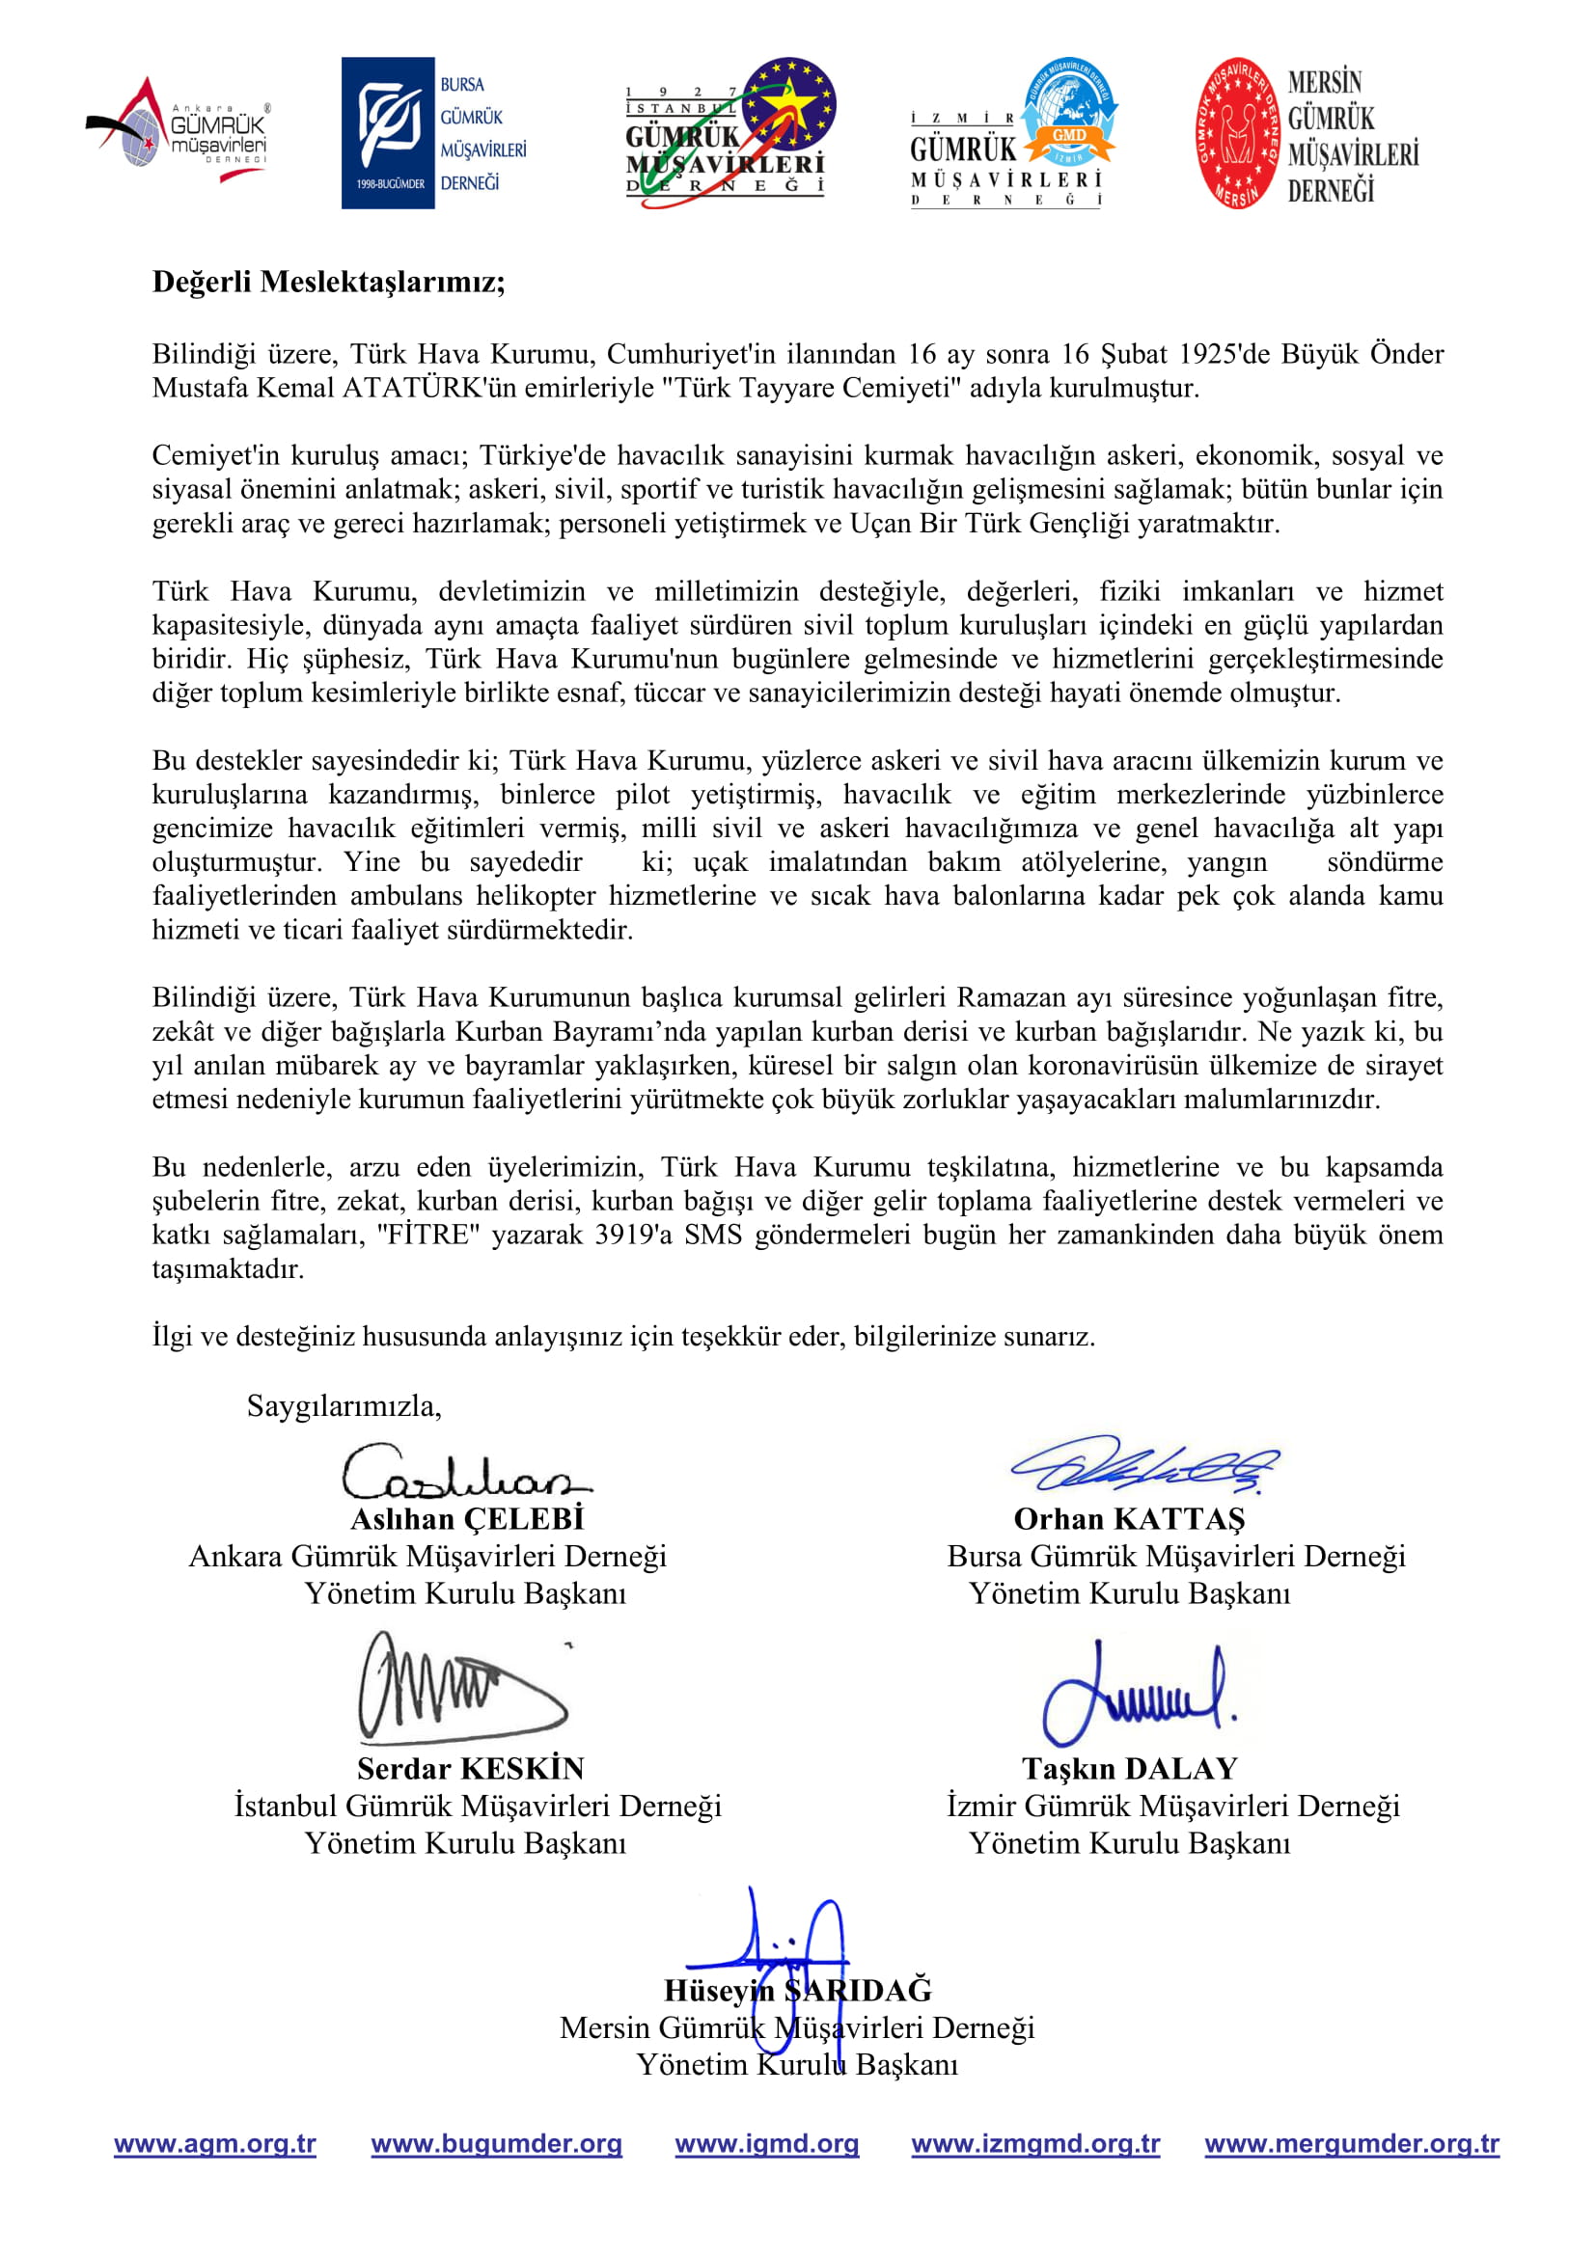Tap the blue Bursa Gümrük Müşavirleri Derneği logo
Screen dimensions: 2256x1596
pyautogui.click(x=433, y=133)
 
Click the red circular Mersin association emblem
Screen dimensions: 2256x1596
pyautogui.click(x=1237, y=133)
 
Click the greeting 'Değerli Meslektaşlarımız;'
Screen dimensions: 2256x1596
pyautogui.click(x=328, y=282)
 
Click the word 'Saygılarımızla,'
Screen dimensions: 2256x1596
pyautogui.click(x=344, y=1406)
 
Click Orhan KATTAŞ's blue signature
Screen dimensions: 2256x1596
pyautogui.click(x=1145, y=1466)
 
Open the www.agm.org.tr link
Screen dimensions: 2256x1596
pyautogui.click(x=215, y=2143)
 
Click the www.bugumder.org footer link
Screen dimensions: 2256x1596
pyautogui.click(x=496, y=2143)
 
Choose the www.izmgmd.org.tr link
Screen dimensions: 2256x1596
pyautogui.click(x=1035, y=2143)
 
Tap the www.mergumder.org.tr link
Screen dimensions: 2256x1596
pyautogui.click(x=1351, y=2143)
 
